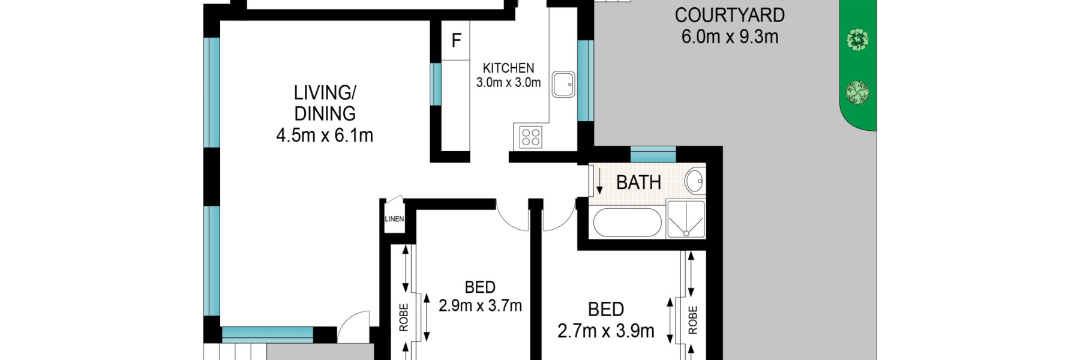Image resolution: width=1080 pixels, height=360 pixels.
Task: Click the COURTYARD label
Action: point(730,15)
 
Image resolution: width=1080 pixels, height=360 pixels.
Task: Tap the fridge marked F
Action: point(456,40)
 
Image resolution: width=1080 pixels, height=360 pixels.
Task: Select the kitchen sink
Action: point(563,84)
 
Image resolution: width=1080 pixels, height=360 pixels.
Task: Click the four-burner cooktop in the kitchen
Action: point(530,137)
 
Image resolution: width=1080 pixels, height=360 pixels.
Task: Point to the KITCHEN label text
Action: point(508,68)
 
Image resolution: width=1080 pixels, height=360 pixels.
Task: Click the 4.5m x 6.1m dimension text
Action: point(325,136)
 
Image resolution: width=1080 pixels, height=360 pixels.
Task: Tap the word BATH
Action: point(638,182)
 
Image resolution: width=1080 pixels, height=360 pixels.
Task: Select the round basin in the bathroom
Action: point(695,181)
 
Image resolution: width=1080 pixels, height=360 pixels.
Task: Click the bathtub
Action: point(627,223)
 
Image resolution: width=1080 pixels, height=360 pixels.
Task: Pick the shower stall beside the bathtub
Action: point(686,219)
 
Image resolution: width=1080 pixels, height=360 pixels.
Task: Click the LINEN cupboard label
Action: point(394,219)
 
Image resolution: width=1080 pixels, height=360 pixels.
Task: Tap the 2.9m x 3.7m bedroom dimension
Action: point(480,305)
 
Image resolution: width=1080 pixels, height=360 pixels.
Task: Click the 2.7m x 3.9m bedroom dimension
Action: point(606,331)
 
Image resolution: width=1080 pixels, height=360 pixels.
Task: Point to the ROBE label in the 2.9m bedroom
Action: point(403,317)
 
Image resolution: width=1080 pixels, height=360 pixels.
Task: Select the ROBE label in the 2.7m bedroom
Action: point(693,320)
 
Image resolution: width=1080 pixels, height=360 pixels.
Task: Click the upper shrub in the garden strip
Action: point(857,40)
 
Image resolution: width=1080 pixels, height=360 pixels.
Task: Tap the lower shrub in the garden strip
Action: point(857,92)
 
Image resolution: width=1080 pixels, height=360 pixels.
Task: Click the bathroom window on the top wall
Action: point(653,154)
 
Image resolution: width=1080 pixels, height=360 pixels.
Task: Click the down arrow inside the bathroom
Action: point(599,182)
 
